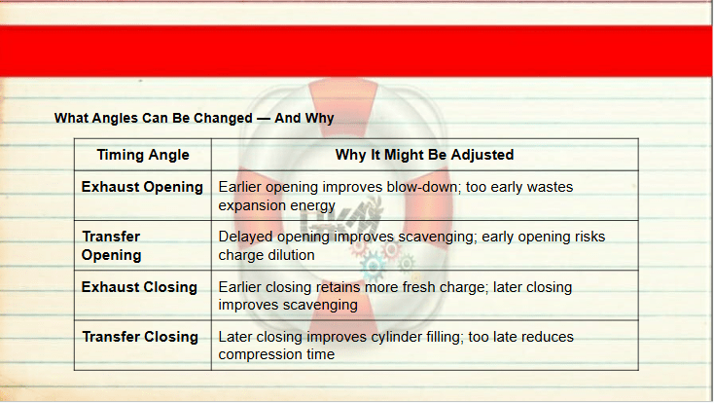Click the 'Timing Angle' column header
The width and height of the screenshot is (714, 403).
pos(143,155)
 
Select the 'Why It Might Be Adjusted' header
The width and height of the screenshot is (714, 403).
pos(424,155)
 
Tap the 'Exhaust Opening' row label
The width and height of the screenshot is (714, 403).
pos(142,187)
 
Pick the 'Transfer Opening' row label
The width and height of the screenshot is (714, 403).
pos(112,245)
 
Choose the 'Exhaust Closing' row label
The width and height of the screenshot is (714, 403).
pos(139,287)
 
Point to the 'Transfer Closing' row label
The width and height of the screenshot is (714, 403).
pos(140,337)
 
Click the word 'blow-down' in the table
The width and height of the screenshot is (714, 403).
pos(423,187)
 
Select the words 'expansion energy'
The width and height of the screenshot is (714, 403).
pos(277,205)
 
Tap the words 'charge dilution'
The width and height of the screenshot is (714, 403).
pos(267,255)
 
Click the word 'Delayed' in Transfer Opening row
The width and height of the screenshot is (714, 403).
pos(245,237)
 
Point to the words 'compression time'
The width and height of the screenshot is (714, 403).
pos(276,354)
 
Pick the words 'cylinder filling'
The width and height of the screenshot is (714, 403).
pos(416,337)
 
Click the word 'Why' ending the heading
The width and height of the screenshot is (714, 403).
pos(320,118)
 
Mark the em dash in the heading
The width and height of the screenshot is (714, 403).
pos(264,119)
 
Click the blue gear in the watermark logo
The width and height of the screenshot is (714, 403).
pos(374,267)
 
